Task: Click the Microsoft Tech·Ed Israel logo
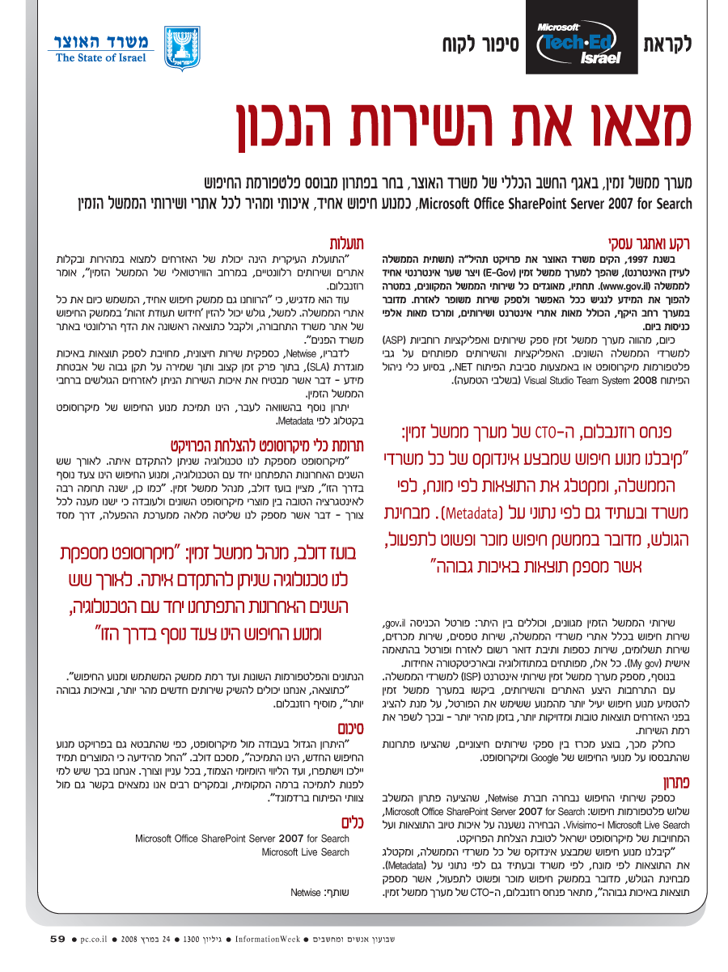click(579, 44)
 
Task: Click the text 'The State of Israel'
click(101, 58)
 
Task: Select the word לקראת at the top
click(667, 44)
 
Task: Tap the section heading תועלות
click(346, 242)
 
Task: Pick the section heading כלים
click(348, 823)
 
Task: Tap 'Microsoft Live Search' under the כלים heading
click(306, 852)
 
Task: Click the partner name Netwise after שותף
click(306, 893)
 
